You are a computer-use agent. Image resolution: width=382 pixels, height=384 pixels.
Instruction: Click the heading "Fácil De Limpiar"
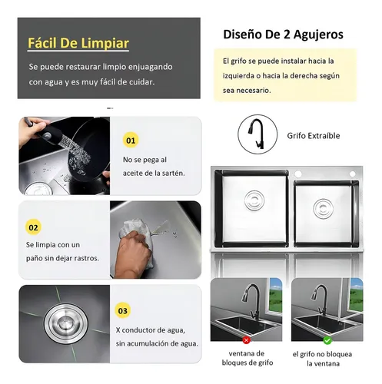click(78, 43)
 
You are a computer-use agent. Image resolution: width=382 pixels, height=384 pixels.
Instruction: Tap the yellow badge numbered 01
click(131, 140)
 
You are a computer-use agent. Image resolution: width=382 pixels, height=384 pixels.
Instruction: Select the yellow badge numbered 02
click(33, 227)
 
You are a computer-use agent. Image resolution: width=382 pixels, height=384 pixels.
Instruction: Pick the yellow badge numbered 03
click(123, 310)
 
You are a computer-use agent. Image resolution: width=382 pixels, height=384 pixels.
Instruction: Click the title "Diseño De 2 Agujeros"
click(283, 35)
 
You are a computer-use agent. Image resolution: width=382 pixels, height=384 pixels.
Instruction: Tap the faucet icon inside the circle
click(257, 134)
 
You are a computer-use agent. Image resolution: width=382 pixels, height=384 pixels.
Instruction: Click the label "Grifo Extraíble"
click(314, 135)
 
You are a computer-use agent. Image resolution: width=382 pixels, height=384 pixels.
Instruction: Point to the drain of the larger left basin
click(254, 200)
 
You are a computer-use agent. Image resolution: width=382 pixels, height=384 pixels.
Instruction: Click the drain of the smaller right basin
click(324, 209)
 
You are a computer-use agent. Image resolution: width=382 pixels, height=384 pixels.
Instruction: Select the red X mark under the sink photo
click(247, 340)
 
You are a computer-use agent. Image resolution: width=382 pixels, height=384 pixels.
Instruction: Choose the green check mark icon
click(327, 340)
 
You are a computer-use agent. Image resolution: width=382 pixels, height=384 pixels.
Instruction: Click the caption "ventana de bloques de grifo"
click(247, 358)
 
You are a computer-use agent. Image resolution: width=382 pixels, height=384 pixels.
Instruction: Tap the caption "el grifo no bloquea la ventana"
click(323, 359)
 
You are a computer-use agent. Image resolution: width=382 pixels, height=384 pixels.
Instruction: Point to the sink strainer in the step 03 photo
click(65, 323)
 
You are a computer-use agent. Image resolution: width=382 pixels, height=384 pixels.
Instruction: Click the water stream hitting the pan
click(76, 154)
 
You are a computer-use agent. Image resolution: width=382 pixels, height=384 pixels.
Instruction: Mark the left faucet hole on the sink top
click(298, 174)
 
